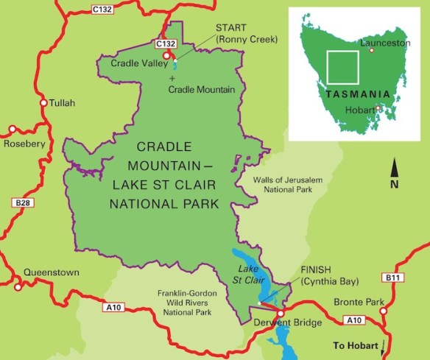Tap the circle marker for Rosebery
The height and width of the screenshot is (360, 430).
pyautogui.click(x=12, y=130)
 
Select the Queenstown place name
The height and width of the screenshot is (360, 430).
pyautogui.click(x=52, y=272)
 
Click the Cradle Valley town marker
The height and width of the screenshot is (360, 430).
pyautogui.click(x=167, y=55)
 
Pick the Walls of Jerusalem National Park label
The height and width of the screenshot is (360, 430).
pyautogui.click(x=272, y=184)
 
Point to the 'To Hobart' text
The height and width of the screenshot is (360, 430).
pyautogui.click(x=356, y=345)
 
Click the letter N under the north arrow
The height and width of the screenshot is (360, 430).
pyautogui.click(x=394, y=185)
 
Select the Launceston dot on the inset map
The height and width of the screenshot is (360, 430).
pyautogui.click(x=372, y=51)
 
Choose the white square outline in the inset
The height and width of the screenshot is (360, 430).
pyautogui.click(x=342, y=66)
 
